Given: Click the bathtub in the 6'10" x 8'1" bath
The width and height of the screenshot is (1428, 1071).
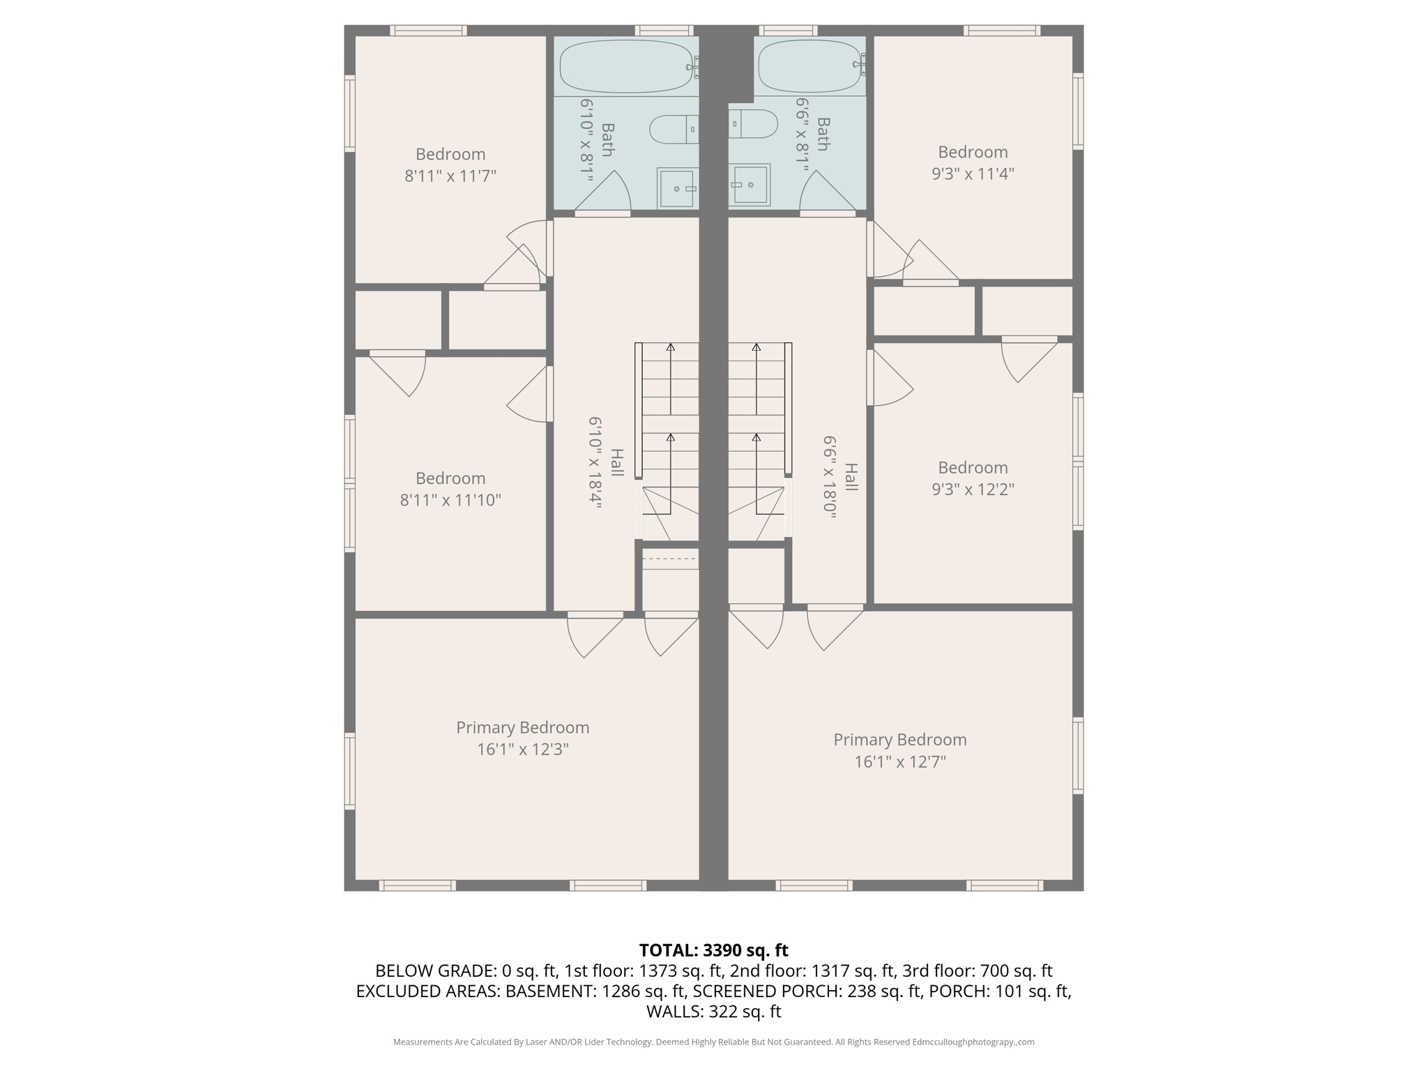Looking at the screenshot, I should [x=625, y=66].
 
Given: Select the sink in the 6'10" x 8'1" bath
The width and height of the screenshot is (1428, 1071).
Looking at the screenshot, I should [x=677, y=188].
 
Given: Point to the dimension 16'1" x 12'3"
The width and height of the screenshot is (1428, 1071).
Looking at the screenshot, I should [x=522, y=750].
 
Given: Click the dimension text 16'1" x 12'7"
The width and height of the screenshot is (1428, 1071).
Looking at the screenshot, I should [x=899, y=761].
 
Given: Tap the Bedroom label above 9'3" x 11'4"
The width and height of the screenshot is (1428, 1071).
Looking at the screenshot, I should [x=972, y=152].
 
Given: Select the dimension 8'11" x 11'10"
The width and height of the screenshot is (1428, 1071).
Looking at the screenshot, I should [x=450, y=500].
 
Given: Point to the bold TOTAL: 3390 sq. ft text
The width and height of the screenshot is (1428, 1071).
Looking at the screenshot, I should [x=713, y=950].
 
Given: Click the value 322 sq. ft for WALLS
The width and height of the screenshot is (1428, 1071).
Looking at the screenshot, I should [x=745, y=1012].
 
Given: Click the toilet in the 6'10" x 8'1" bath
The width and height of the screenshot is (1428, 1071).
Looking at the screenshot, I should [x=673, y=129].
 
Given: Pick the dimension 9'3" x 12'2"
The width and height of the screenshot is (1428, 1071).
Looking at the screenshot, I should [x=972, y=489].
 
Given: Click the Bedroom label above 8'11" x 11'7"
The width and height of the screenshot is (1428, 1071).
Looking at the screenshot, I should [x=450, y=154].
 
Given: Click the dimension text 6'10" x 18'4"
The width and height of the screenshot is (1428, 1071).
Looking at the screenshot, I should [x=595, y=464].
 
